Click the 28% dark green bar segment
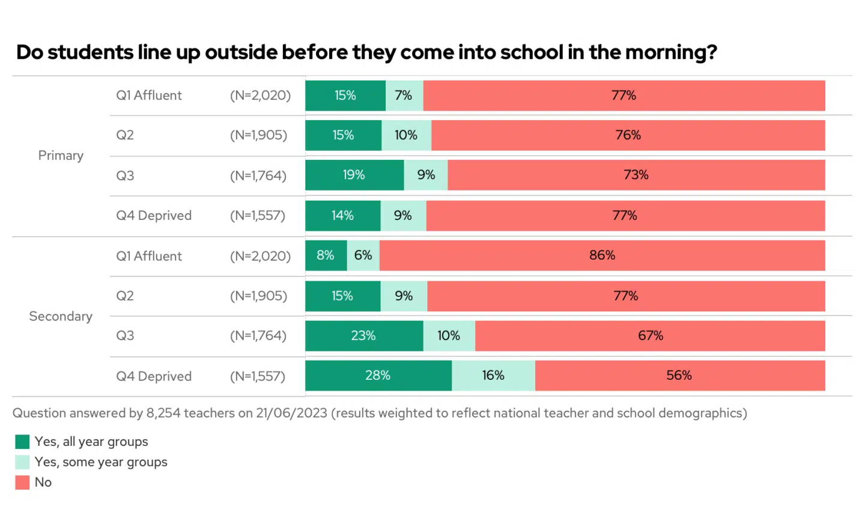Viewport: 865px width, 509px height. click(378, 376)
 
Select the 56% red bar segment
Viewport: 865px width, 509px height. click(679, 376)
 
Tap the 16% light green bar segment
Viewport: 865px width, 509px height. click(493, 376)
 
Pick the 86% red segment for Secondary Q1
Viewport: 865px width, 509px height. click(602, 255)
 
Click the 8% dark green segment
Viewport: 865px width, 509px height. click(326, 255)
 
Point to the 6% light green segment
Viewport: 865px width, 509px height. click(363, 255)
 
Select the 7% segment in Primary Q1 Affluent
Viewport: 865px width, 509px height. click(404, 96)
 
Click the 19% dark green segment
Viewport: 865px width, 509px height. click(354, 175)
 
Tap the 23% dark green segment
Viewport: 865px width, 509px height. click(363, 336)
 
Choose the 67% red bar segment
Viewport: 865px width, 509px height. click(650, 336)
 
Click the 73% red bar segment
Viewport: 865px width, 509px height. click(636, 175)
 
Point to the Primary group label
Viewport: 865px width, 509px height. click(61, 156)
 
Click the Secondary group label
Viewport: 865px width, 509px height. click(61, 317)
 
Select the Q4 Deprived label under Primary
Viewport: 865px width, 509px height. click(154, 216)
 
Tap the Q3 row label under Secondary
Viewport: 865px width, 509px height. click(125, 336)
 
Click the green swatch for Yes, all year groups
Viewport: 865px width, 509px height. click(22, 442)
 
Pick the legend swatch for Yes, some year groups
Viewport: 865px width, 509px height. click(22, 462)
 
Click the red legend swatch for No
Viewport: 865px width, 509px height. click(22, 483)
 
